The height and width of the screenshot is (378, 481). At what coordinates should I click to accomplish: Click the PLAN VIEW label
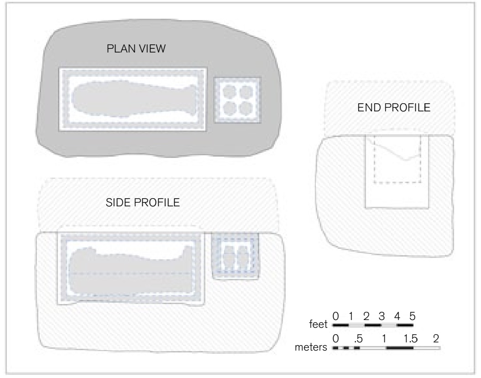pos(136,48)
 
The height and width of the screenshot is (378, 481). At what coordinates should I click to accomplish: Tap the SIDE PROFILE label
pos(143,203)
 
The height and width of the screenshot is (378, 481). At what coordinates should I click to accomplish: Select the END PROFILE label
pos(394,107)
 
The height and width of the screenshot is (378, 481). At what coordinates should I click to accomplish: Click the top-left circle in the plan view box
pos(230,91)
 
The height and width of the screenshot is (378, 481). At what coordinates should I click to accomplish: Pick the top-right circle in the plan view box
pos(246,91)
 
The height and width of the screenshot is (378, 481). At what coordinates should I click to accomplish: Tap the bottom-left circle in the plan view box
pos(230,108)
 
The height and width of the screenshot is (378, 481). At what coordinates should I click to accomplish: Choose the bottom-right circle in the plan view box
pos(246,108)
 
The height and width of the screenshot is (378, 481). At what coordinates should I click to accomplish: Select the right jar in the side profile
pos(242,257)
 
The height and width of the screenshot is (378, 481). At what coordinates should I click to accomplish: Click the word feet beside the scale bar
pos(318,324)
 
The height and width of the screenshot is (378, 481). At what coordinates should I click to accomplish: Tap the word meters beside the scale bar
pos(311,347)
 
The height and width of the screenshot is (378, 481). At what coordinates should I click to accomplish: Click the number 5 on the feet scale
pos(412,316)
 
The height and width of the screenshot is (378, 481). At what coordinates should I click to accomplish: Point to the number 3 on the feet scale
pos(382,316)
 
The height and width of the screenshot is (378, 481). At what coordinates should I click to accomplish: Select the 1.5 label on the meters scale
pos(410,338)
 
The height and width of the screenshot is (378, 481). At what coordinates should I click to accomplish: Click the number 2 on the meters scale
pos(436,338)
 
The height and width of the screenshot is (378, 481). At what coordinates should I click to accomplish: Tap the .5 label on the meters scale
pos(358,339)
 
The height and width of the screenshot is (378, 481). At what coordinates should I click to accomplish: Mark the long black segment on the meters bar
pos(400,348)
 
